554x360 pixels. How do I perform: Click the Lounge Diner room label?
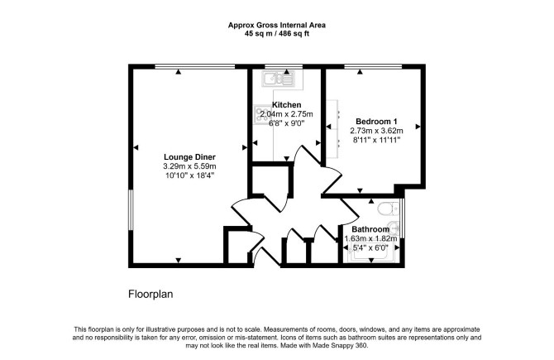click(189, 157)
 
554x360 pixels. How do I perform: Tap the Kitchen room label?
click(287, 105)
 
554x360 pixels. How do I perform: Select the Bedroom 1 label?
click(376, 122)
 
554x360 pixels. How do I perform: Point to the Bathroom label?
click(370, 229)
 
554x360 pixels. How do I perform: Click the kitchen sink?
click(278, 79)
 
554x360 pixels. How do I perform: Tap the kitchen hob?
click(260, 114)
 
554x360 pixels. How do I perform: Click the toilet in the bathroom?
click(388, 209)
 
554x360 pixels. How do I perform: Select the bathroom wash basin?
click(394, 228)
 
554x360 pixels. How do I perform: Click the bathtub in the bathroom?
click(372, 253)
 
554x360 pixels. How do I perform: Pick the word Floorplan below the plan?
click(150, 295)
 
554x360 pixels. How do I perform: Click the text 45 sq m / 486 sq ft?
click(277, 34)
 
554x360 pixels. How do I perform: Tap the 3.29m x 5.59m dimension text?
click(189, 166)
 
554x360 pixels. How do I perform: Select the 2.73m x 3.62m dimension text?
click(376, 131)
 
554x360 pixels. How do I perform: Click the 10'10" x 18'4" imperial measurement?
click(189, 175)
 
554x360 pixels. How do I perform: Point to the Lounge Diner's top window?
click(194, 66)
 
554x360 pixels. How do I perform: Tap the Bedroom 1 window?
click(373, 66)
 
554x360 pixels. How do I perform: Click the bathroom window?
click(403, 218)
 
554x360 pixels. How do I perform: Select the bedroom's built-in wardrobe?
click(332, 129)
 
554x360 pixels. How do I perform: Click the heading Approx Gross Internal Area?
click(277, 26)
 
